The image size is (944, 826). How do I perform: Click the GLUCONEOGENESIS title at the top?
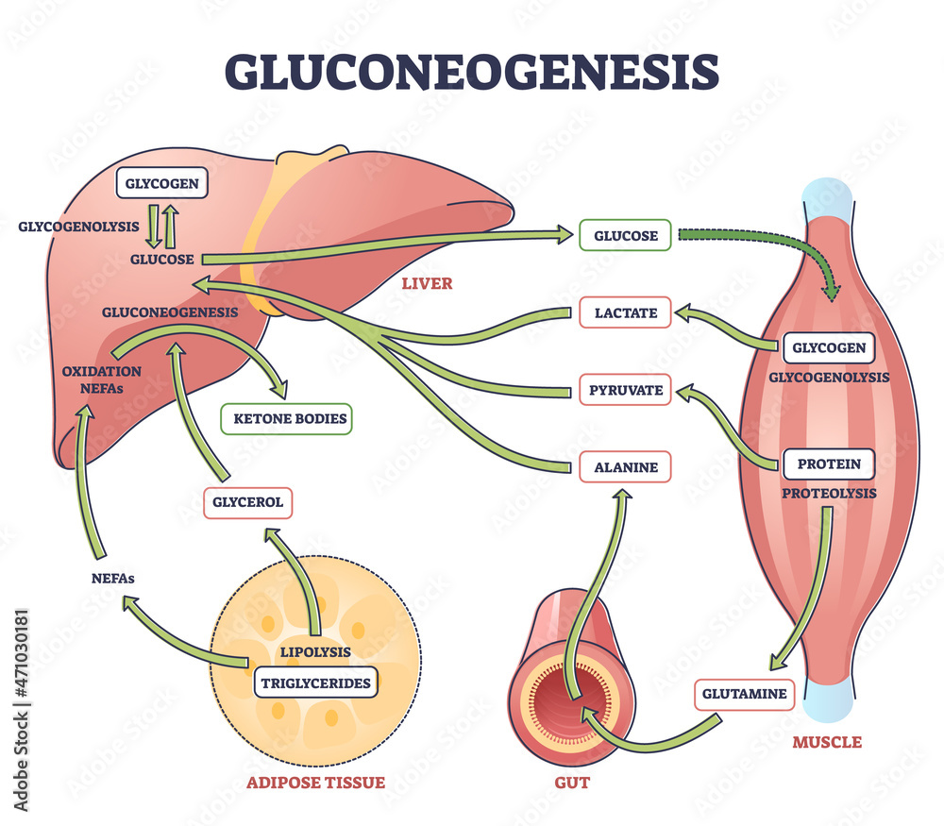point(471,71)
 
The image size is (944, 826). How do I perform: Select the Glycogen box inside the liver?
point(159,183)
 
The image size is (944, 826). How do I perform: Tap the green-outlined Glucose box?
point(625,235)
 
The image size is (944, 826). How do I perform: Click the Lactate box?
point(625,312)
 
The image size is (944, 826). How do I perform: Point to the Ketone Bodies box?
point(286,418)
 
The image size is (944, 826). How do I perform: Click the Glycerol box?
point(247,502)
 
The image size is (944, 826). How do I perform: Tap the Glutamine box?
point(743,694)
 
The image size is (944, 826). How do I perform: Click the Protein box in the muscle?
point(828,464)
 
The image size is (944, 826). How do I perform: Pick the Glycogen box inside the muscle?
point(828,347)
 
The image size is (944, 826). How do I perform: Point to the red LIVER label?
point(427,283)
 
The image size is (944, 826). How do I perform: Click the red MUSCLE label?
point(826,742)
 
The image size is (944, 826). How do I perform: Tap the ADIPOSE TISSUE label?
point(315,782)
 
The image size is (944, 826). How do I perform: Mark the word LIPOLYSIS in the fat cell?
point(314,651)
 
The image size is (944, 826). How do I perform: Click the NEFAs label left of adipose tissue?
point(107,579)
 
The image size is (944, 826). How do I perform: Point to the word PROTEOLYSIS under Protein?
point(828,493)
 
